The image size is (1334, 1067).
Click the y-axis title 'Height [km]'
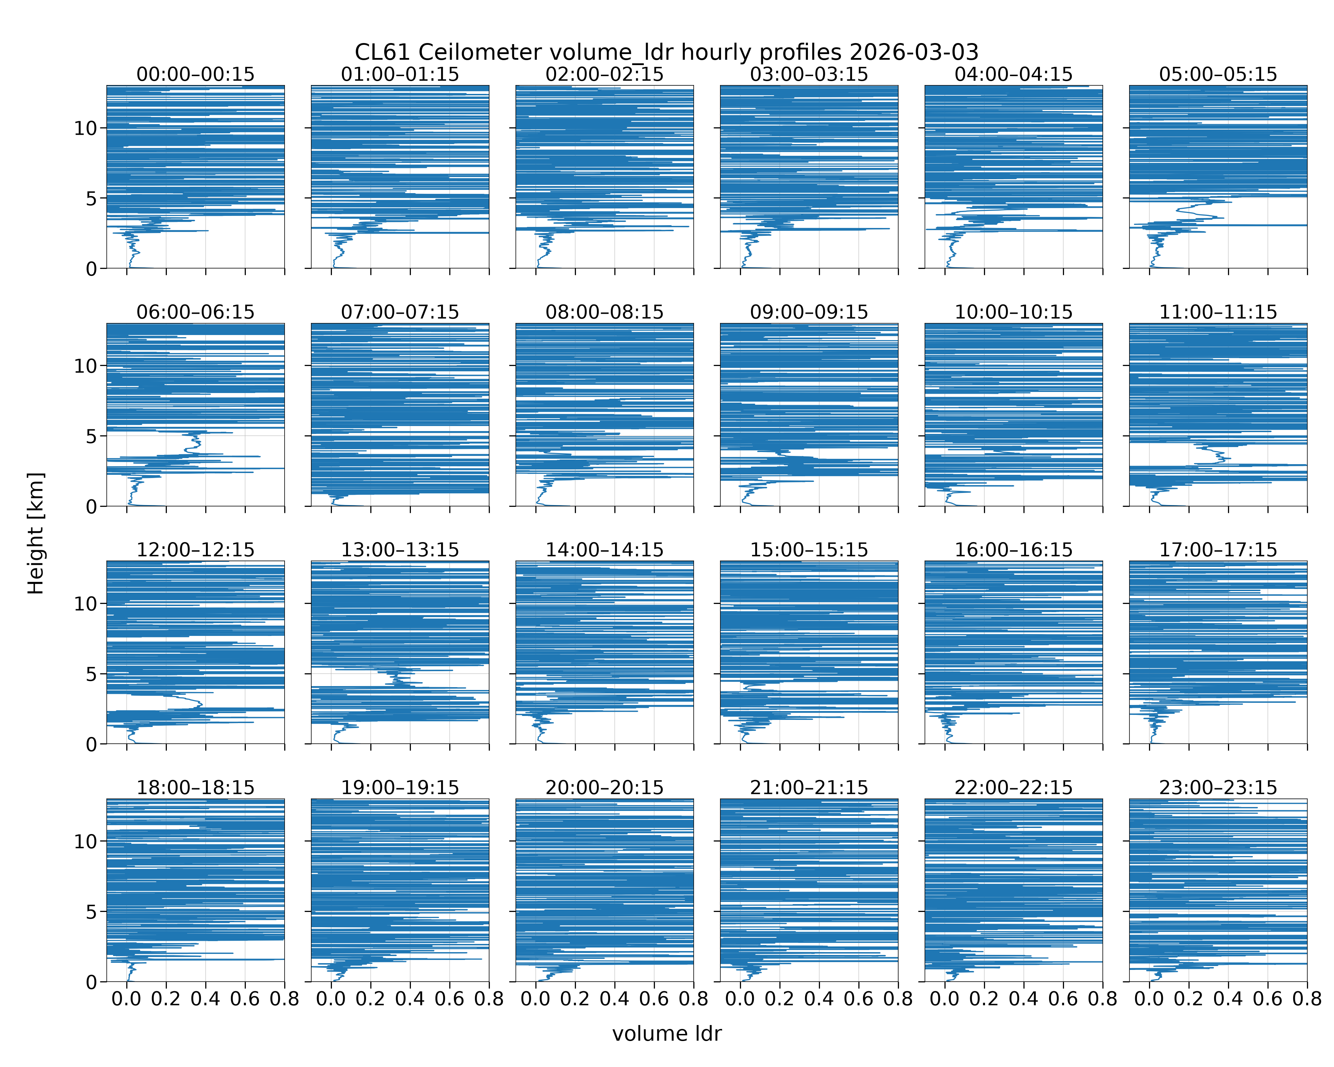tap(36, 533)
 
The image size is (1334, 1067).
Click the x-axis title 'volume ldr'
tap(667, 1034)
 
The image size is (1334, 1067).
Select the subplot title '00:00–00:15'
tap(196, 74)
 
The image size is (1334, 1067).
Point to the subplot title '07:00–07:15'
tap(400, 312)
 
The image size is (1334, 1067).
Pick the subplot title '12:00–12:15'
tap(196, 550)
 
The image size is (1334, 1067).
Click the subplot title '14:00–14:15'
tap(604, 550)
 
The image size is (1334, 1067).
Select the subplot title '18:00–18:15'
tap(196, 787)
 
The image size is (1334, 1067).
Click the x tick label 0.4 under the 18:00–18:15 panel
tap(205, 999)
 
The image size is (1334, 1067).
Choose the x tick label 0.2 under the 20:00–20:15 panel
tap(575, 999)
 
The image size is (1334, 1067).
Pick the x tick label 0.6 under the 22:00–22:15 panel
tap(1063, 999)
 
